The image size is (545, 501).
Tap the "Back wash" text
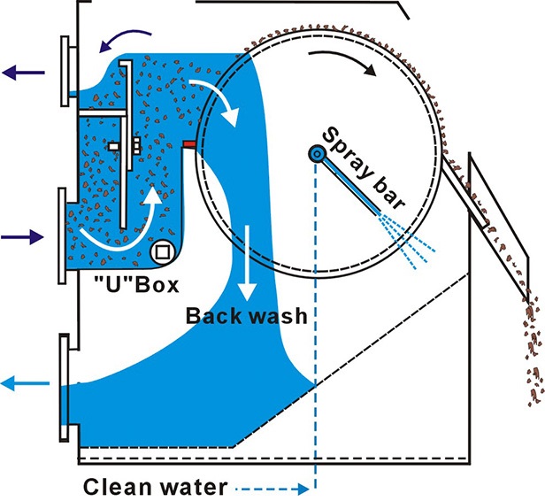tap(247, 315)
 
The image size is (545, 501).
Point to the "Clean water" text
tap(155, 486)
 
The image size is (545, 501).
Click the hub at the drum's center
tap(315, 154)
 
